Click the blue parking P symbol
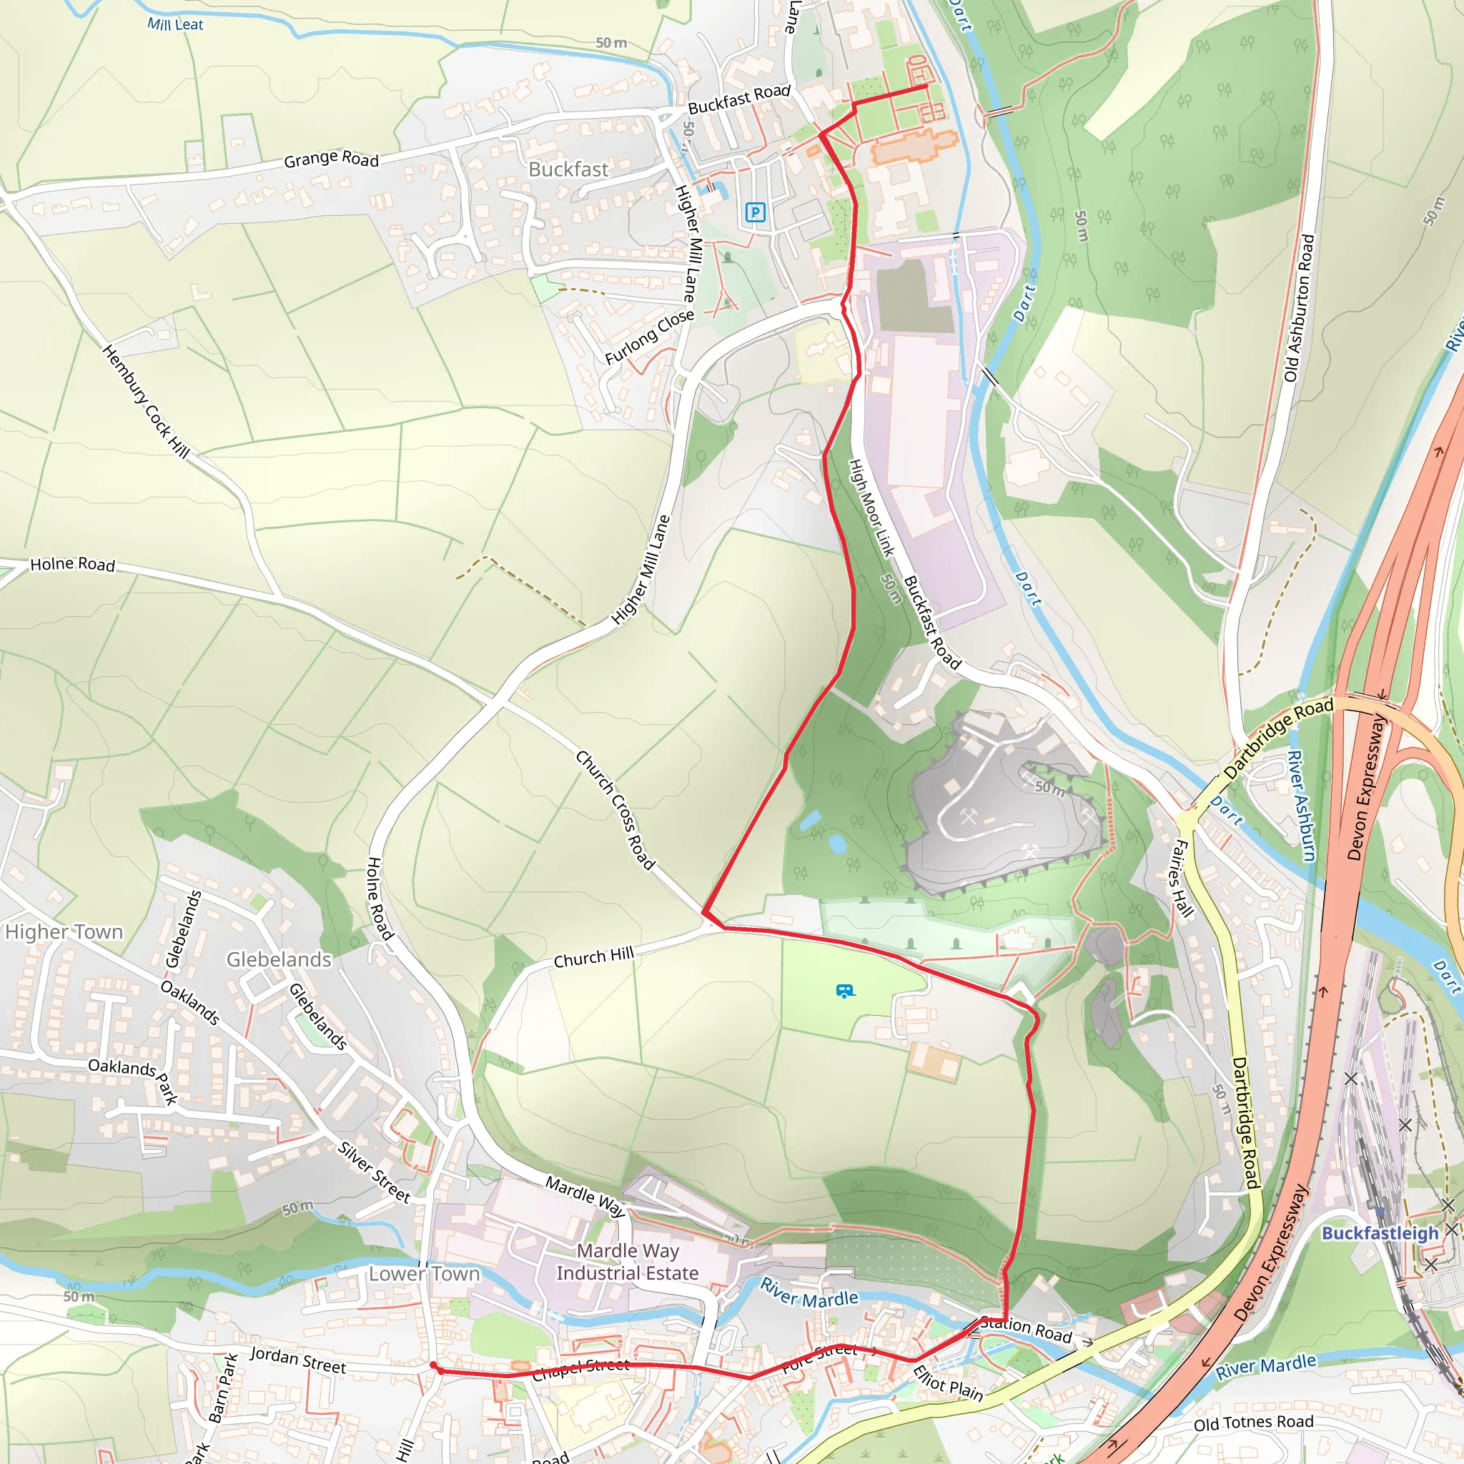(x=755, y=212)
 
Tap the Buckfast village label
(x=568, y=169)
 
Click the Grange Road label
(x=331, y=159)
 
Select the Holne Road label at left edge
(x=72, y=564)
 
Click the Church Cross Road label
(x=615, y=809)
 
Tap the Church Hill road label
(x=593, y=957)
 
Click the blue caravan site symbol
(x=845, y=991)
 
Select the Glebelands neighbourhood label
(x=279, y=959)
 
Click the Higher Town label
(x=64, y=931)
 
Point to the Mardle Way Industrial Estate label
(x=628, y=1262)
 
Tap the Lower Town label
(x=425, y=1274)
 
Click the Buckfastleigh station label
(x=1379, y=1233)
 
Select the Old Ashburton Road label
(x=1299, y=307)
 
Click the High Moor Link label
(x=871, y=508)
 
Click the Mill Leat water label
(x=175, y=24)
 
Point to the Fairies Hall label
(x=1183, y=879)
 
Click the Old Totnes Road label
(x=1253, y=1423)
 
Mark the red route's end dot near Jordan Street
(x=432, y=1365)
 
